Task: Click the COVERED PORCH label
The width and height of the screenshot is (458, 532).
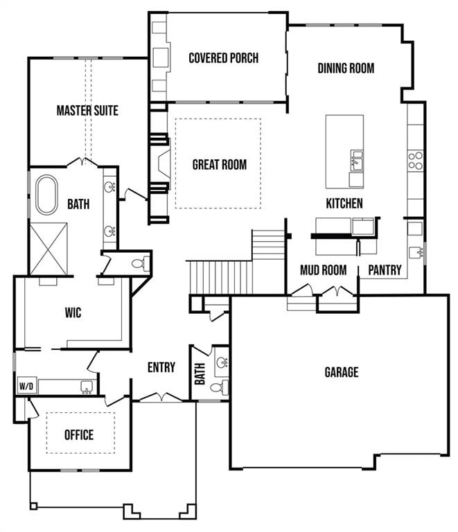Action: point(223,57)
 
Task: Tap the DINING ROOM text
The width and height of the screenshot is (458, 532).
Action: point(346,68)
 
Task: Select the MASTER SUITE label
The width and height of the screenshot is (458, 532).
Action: point(87,110)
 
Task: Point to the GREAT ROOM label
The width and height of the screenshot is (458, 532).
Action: point(219,164)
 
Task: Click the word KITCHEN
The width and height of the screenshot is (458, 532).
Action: point(344,203)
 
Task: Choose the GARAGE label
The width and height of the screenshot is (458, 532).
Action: point(342,372)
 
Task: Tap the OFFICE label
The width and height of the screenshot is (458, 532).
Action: point(79,435)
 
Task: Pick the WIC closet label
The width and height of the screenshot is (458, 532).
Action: point(73,313)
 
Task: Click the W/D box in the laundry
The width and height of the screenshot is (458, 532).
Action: point(26,386)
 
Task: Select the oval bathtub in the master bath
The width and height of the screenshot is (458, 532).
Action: point(47,195)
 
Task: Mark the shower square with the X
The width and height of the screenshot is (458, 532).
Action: point(49,249)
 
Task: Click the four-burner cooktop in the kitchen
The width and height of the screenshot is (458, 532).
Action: point(415,161)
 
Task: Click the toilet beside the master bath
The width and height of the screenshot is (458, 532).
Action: point(139,263)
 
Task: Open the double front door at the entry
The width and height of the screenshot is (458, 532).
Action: point(161,398)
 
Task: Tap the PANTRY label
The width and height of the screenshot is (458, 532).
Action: point(385,270)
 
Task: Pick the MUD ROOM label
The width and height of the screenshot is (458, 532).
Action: point(323,270)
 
